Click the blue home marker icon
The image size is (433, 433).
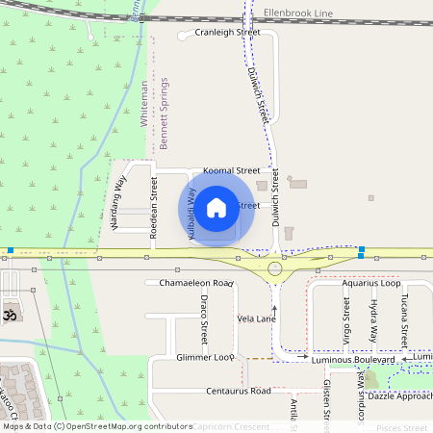click(x=216, y=207)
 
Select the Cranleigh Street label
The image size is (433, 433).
click(x=227, y=32)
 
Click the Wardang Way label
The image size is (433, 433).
click(x=118, y=204)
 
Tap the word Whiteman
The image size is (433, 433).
click(x=145, y=105)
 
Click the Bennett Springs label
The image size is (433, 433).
click(x=165, y=114)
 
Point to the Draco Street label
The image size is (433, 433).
click(x=204, y=319)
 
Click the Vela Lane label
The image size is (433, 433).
click(x=257, y=318)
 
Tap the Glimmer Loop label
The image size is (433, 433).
click(x=205, y=357)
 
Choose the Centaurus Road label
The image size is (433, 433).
click(x=238, y=392)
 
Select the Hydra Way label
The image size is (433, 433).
click(x=373, y=320)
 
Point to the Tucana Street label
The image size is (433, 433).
click(x=404, y=320)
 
